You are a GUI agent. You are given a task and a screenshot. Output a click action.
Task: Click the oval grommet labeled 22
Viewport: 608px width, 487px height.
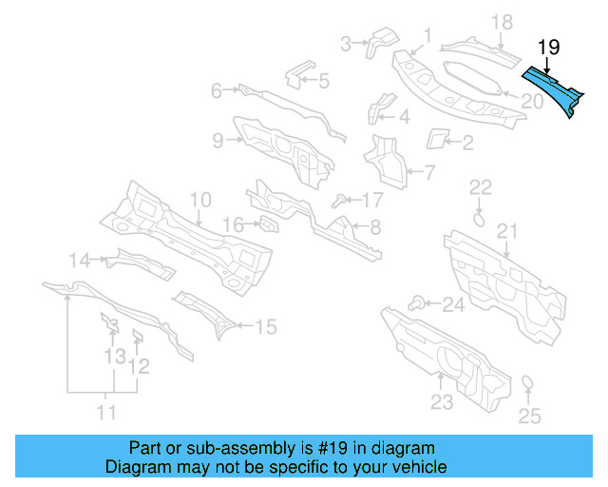pos(480,219)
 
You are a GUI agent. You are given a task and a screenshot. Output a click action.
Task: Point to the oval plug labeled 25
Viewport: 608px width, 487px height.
pos(526,384)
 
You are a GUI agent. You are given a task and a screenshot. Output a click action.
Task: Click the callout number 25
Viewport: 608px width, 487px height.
pos(529,416)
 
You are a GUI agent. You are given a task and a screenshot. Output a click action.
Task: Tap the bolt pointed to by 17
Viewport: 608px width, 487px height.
pos(338,200)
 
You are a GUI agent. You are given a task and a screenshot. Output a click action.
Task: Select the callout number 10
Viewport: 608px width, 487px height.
pos(199,200)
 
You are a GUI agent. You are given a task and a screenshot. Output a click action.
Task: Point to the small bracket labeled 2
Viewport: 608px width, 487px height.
pos(438,139)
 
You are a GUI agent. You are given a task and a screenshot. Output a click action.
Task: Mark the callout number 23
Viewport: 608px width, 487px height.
pos(442,402)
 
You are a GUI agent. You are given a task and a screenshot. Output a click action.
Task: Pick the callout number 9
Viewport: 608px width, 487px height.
pos(218,141)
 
